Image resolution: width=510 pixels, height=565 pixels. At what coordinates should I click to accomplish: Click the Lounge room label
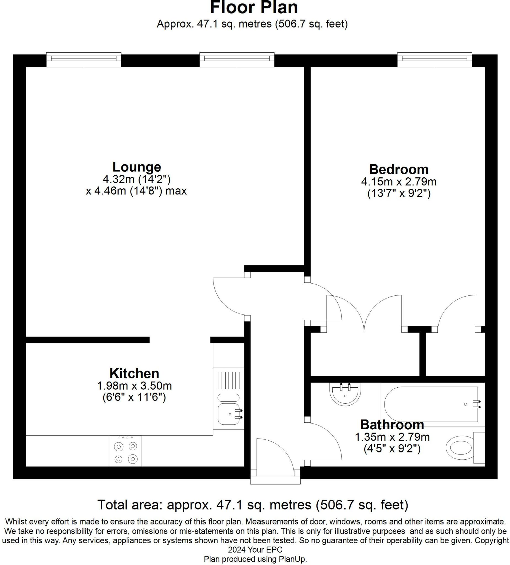(x=137, y=167)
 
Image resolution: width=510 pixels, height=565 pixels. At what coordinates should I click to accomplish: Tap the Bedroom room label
(x=399, y=170)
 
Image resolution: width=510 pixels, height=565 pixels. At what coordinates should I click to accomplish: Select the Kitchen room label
(x=134, y=374)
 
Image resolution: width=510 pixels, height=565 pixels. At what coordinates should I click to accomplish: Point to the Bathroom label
(x=392, y=425)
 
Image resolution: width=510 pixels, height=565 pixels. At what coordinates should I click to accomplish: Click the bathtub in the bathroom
(x=432, y=404)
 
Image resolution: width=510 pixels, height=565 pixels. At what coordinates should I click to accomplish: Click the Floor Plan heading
(x=253, y=7)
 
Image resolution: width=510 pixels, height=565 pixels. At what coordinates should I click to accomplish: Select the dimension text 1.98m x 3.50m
(x=134, y=386)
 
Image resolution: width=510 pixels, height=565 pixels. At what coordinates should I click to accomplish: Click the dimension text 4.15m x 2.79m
(x=399, y=182)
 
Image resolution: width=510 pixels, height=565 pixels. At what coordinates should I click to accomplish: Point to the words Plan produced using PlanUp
(x=255, y=559)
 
